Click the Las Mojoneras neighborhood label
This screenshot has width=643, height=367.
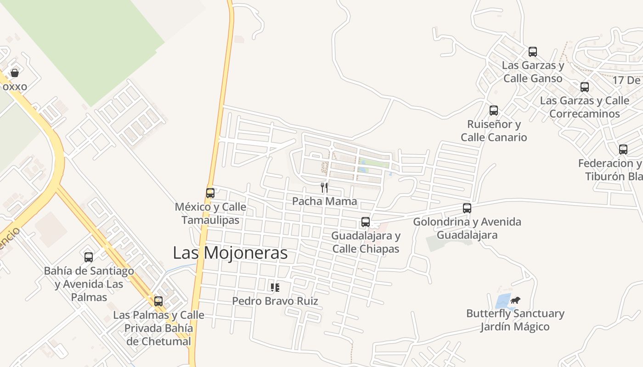click(x=230, y=253)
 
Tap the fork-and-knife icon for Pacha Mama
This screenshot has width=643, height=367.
click(x=324, y=187)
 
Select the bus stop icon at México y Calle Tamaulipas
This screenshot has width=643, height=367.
click(x=210, y=193)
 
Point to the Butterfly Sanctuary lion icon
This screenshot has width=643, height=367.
click(x=515, y=300)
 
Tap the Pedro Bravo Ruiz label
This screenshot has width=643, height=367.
click(x=275, y=301)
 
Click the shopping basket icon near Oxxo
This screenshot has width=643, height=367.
click(x=15, y=73)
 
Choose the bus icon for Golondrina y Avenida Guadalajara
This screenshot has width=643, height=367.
click(x=467, y=208)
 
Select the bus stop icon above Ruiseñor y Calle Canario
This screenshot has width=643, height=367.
click(x=494, y=111)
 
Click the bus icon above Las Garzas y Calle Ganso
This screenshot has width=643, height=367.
click(x=533, y=52)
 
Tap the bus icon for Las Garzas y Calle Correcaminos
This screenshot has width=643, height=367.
click(x=585, y=87)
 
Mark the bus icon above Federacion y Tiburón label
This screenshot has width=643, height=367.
click(x=623, y=150)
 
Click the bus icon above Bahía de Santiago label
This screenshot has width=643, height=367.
click(x=89, y=257)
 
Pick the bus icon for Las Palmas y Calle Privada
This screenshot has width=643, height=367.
click(x=158, y=301)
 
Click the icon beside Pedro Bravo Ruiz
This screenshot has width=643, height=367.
click(x=275, y=288)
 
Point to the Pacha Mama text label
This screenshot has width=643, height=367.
click(x=324, y=201)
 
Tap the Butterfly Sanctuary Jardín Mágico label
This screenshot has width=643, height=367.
click(x=515, y=320)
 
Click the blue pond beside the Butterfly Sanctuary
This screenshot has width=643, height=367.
click(x=502, y=301)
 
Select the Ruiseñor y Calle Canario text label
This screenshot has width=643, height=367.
click(x=494, y=131)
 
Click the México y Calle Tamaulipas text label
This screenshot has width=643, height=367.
click(x=210, y=213)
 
